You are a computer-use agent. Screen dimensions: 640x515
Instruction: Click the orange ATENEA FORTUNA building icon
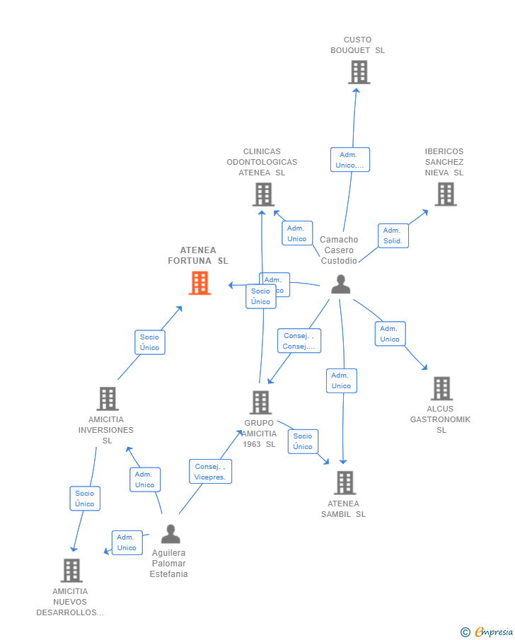click(x=199, y=283)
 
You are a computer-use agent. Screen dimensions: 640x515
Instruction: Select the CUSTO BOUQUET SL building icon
click(x=359, y=72)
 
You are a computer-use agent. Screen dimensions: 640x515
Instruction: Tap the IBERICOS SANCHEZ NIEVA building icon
click(x=445, y=194)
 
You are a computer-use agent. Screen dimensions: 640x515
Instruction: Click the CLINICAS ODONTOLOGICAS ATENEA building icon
click(x=263, y=194)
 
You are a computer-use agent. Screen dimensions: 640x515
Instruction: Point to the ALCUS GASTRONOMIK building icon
click(x=441, y=388)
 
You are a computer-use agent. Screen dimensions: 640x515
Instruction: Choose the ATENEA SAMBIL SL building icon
click(x=345, y=482)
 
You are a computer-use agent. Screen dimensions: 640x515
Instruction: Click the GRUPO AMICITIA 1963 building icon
click(x=260, y=402)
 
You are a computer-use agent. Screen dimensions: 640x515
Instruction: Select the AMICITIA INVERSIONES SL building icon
click(x=107, y=399)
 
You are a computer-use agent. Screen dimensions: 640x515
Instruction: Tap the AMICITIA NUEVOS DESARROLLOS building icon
click(x=71, y=570)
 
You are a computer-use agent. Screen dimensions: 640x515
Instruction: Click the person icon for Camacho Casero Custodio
click(x=341, y=284)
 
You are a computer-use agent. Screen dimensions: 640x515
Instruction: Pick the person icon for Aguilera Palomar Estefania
click(x=170, y=534)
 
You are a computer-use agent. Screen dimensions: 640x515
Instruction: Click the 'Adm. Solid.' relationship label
click(x=393, y=235)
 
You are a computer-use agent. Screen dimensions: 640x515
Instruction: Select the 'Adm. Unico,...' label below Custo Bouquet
click(x=349, y=160)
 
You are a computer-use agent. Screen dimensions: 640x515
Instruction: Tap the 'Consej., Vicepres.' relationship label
click(x=210, y=472)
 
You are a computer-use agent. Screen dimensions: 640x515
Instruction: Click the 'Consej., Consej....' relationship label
click(x=299, y=341)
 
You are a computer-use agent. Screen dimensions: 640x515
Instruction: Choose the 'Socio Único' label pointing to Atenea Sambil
click(x=303, y=441)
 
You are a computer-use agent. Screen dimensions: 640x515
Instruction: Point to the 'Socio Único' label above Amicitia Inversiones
click(x=149, y=342)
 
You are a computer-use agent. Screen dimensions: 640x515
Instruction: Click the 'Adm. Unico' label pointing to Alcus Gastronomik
click(x=390, y=334)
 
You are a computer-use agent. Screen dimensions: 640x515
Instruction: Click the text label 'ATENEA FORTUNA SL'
click(x=198, y=255)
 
